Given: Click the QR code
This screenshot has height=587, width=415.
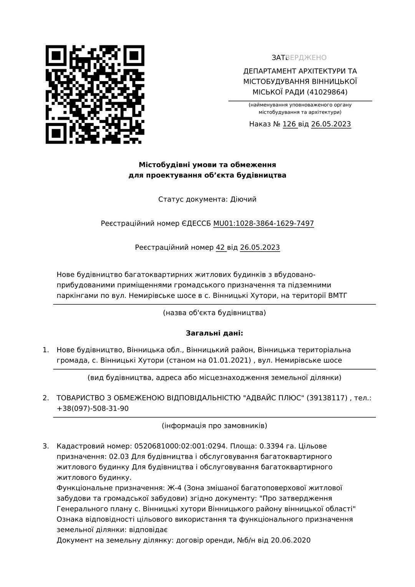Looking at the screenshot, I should click(95, 95).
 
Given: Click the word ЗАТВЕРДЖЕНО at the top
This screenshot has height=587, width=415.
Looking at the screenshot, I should click(299, 58).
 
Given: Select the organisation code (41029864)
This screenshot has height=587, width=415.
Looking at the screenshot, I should click(327, 92).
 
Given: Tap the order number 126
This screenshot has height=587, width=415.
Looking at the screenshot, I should click(289, 124).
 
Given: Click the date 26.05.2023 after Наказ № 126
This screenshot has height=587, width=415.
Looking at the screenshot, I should click(331, 124).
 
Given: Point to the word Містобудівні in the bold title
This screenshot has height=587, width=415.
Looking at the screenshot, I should click(164, 165).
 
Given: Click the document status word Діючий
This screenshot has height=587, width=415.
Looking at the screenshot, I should click(243, 199).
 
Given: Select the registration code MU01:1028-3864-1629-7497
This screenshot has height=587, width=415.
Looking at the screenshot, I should click(264, 224).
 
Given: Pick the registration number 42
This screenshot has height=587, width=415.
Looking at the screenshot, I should click(220, 247).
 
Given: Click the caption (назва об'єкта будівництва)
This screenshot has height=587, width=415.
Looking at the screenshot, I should click(214, 313).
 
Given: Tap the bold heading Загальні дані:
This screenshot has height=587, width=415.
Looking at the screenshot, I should click(214, 333).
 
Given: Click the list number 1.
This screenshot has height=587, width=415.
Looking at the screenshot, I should click(46, 350).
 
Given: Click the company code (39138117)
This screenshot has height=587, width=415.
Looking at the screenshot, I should click(327, 398).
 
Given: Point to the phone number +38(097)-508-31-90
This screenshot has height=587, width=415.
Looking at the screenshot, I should click(93, 408).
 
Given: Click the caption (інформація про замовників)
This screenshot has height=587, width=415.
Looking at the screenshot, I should click(214, 426).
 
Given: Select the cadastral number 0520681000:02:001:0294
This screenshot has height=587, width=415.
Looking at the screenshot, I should click(181, 446).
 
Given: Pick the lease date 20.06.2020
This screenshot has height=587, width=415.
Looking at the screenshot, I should click(290, 540).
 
